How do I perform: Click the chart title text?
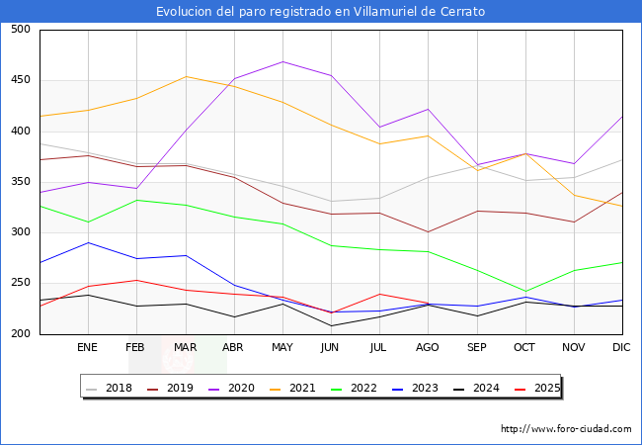[x=321, y=12]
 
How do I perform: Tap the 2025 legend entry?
[x=544, y=388]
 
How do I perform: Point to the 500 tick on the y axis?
[x=20, y=30]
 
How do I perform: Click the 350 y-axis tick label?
[x=20, y=182]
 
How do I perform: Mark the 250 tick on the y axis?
[x=20, y=283]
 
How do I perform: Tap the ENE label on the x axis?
[x=87, y=348]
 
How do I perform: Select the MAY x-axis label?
[x=282, y=348]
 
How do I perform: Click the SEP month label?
[x=476, y=348]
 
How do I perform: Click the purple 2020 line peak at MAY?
[x=282, y=61]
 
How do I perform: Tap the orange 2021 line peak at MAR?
[x=185, y=76]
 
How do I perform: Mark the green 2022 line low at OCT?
[x=524, y=292]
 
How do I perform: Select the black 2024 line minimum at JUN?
[x=331, y=325]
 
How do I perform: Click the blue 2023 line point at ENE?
[x=88, y=242]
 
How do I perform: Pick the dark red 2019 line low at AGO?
[x=428, y=231]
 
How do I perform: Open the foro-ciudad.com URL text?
[x=566, y=429]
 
